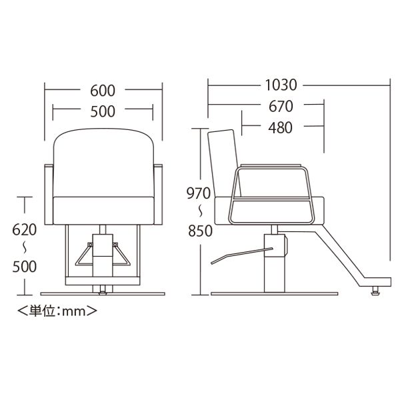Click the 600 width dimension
pos(103,91)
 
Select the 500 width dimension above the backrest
pos(103,111)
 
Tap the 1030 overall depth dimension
pos(281,85)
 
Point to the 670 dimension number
pos(281,107)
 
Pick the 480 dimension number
pos(280,127)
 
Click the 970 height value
pos(199,193)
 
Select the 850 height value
pos(200,231)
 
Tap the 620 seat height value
pos(25,229)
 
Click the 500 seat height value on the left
pos(25,267)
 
